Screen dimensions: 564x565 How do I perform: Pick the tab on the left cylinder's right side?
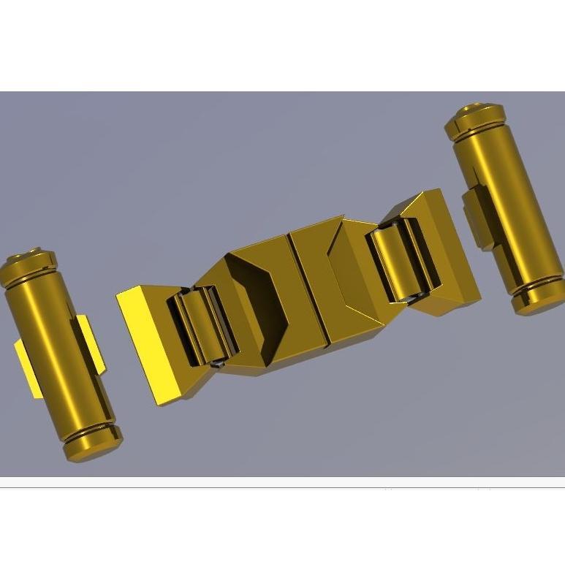[91, 343]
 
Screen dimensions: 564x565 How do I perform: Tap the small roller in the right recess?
[398, 263]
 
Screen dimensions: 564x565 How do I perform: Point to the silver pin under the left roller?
[218, 360]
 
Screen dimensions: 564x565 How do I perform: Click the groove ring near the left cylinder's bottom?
[88, 431]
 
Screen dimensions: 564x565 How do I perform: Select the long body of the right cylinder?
[504, 205]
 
